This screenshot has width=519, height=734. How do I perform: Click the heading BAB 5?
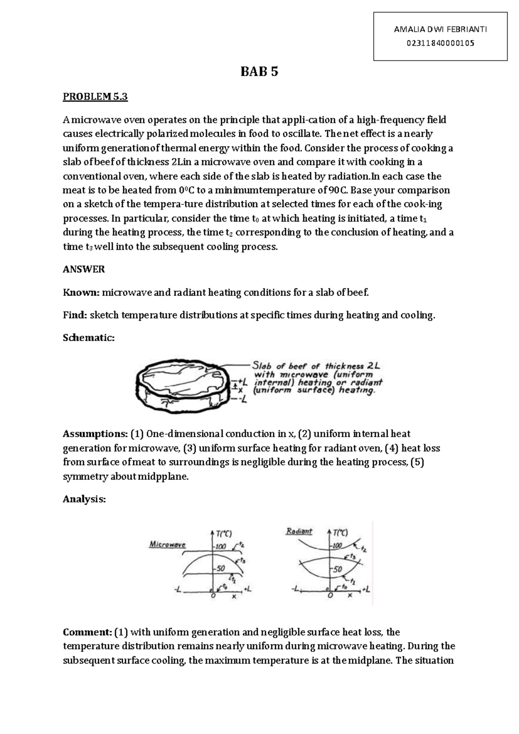point(259,72)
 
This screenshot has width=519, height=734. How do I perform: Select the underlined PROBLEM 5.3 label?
point(95,97)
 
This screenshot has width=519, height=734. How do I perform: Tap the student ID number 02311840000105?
point(440,43)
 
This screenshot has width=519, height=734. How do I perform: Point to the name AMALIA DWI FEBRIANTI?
point(440,29)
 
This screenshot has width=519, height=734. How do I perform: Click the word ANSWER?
point(84,270)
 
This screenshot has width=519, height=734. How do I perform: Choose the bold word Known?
point(81,293)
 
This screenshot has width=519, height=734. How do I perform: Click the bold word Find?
point(75,315)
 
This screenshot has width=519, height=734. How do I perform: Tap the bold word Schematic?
point(89,338)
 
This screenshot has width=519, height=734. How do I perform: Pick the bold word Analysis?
point(84,499)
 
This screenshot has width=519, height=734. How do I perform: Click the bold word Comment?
point(87,632)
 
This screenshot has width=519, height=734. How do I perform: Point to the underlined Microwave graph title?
point(167,544)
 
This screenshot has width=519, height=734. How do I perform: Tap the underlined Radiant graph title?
point(299,531)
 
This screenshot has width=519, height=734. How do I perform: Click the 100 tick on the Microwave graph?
point(221,547)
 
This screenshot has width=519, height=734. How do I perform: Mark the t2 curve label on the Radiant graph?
point(364,549)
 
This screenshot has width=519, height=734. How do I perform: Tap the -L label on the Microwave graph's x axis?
point(178,589)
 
